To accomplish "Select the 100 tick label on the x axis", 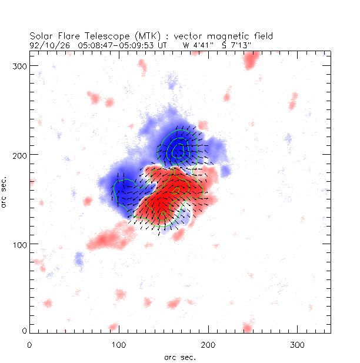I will (119, 344).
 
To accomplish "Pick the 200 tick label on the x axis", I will (208, 344).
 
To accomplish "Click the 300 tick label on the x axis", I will (297, 344).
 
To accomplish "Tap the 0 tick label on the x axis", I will (29, 344).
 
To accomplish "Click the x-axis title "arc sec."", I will (179, 357).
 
